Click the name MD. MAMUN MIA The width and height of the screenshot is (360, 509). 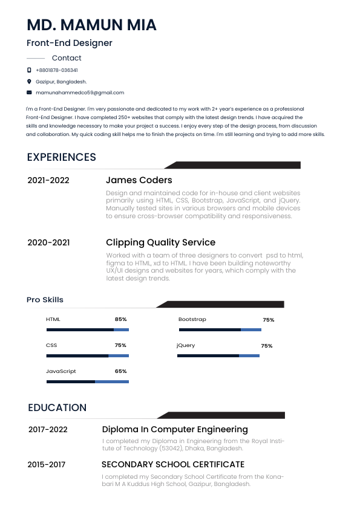click(x=91, y=25)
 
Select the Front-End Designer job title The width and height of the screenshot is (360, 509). click(x=70, y=43)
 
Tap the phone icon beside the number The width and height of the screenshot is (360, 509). click(x=29, y=70)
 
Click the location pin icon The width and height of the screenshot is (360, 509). click(x=29, y=81)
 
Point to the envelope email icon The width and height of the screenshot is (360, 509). click(x=29, y=92)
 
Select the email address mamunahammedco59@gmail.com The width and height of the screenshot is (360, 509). click(x=80, y=92)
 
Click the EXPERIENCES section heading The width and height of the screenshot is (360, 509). click(x=62, y=157)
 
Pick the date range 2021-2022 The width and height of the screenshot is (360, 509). click(x=48, y=180)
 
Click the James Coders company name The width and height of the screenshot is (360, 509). click(x=139, y=180)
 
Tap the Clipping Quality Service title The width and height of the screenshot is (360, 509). click(x=160, y=242)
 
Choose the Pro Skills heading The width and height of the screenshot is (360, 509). click(x=45, y=300)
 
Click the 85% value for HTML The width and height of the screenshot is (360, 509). click(x=120, y=319)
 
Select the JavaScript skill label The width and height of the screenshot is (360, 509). click(x=61, y=371)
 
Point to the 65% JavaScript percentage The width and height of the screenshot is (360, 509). click(x=120, y=371)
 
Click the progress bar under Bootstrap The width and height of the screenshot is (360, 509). click(x=220, y=330)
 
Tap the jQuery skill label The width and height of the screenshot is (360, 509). click(x=186, y=345)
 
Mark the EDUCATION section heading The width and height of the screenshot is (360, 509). click(x=57, y=407)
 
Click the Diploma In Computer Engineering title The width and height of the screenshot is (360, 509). click(x=175, y=429)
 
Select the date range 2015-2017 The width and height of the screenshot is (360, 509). click(x=47, y=464)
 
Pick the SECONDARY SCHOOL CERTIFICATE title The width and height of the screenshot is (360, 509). click(x=173, y=464)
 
